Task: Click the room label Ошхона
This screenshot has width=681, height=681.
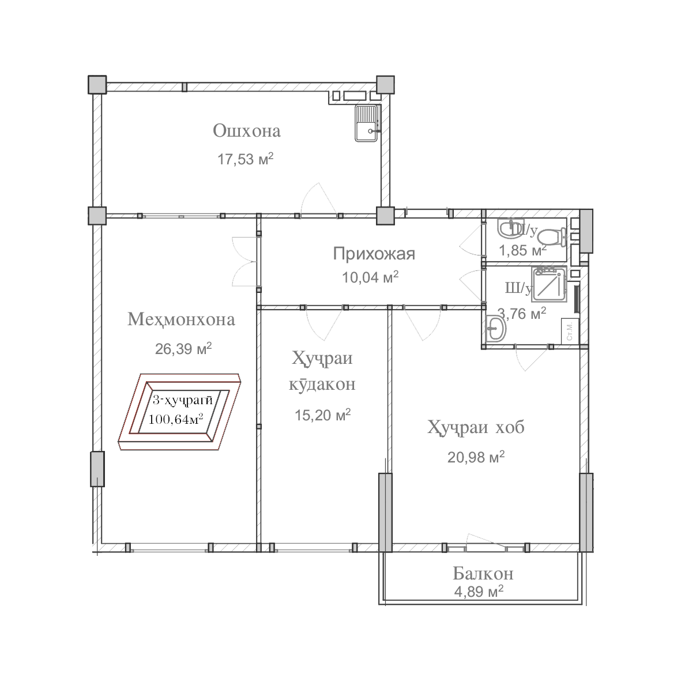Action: click(247, 131)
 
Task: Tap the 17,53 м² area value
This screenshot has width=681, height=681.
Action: click(245, 159)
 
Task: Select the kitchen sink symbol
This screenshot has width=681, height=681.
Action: click(366, 123)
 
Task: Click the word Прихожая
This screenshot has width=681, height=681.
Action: click(374, 253)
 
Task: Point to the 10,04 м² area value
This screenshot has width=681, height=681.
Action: click(370, 278)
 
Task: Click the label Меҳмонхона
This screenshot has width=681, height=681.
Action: click(182, 319)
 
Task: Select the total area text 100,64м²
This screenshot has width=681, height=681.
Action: click(176, 419)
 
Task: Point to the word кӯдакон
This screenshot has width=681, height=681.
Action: click(322, 385)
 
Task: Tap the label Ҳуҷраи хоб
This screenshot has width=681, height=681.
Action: click(476, 428)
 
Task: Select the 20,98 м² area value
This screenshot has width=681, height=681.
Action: click(476, 457)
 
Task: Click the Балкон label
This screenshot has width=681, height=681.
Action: click(483, 574)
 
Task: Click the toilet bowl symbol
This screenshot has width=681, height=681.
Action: click(552, 236)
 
